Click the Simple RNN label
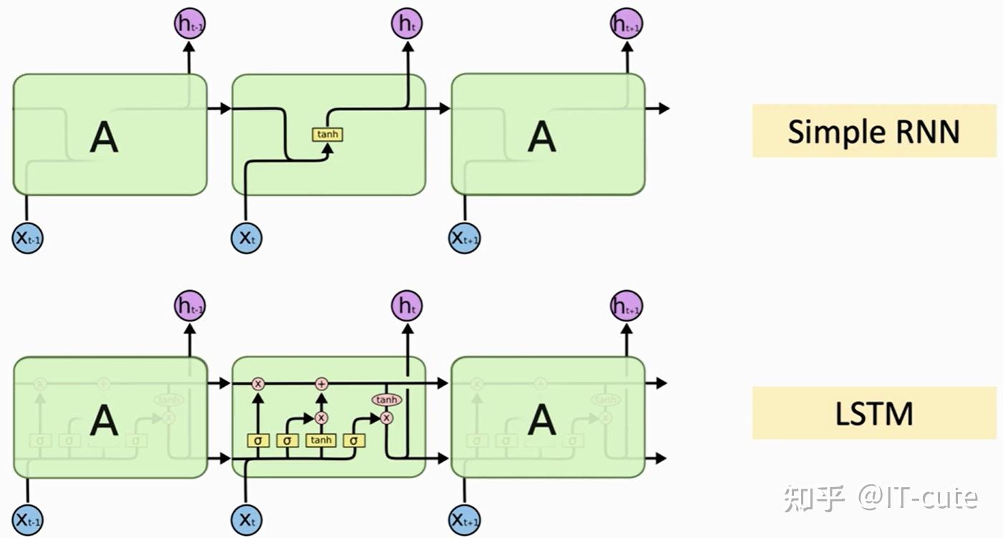(873, 131)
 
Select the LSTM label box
(873, 413)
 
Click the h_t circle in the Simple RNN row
(407, 24)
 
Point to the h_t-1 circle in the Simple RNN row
(189, 24)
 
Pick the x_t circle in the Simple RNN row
(246, 238)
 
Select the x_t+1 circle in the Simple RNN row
(465, 238)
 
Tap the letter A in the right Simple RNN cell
(541, 136)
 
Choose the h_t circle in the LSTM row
(407, 307)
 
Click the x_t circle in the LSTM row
(246, 519)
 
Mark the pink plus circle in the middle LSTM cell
(321, 384)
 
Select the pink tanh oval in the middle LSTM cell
(387, 400)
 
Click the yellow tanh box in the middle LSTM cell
(321, 440)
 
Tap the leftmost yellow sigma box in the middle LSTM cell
(258, 440)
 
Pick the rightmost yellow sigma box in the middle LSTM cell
(354, 440)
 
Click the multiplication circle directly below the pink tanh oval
(387, 418)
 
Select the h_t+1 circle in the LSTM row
(626, 307)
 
